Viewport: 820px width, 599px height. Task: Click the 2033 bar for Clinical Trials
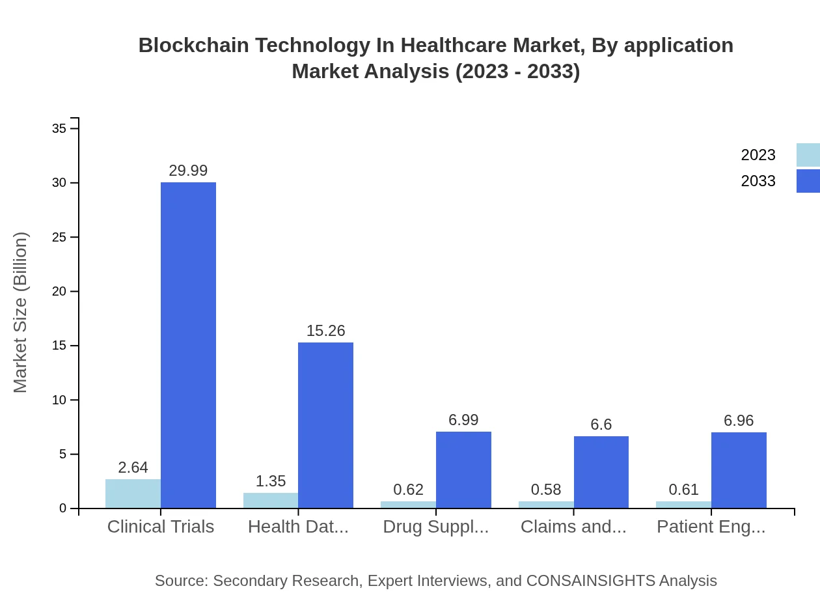[x=188, y=345]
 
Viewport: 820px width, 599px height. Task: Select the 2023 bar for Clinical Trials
[x=133, y=494]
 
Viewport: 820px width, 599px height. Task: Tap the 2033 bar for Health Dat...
[x=325, y=425]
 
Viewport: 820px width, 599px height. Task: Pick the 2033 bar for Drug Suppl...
[x=463, y=469]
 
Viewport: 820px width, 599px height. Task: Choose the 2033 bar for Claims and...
[x=601, y=472]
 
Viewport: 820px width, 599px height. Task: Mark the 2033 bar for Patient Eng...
[x=739, y=470]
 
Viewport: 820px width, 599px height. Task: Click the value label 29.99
[x=188, y=171]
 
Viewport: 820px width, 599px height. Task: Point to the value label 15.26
[x=325, y=331]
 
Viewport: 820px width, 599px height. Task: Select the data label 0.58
[x=545, y=490]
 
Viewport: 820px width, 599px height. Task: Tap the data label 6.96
[x=739, y=421]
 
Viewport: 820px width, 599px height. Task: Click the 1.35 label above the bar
[x=270, y=481]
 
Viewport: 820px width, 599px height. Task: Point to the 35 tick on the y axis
[x=59, y=129]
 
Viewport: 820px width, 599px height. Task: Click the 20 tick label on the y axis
[x=59, y=291]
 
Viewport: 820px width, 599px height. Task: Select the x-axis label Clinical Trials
[x=160, y=527]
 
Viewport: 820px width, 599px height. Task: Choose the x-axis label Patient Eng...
[x=711, y=527]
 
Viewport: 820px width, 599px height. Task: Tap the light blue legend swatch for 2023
[x=808, y=155]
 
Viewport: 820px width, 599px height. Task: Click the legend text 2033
[x=758, y=181]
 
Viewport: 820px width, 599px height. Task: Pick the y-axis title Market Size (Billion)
[x=21, y=313]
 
